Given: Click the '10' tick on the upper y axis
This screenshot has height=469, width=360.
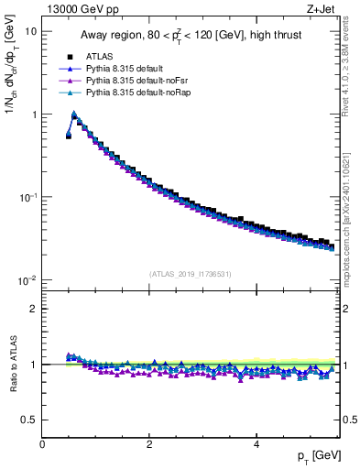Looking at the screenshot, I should click(x=30, y=31).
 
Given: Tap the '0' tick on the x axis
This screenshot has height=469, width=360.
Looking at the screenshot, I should click(x=43, y=444).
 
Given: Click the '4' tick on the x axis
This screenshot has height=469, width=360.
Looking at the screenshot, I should click(x=256, y=444).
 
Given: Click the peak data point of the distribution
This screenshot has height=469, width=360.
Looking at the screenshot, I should click(x=74, y=115).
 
